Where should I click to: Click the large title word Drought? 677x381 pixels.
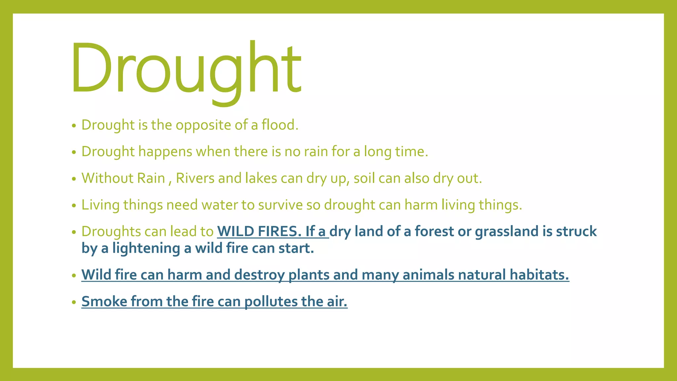[x=186, y=69]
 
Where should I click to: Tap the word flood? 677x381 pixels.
[x=280, y=125]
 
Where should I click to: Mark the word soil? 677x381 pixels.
[x=364, y=178]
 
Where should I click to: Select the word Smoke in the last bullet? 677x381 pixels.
[x=104, y=302]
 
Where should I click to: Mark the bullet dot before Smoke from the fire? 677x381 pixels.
[x=74, y=302]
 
